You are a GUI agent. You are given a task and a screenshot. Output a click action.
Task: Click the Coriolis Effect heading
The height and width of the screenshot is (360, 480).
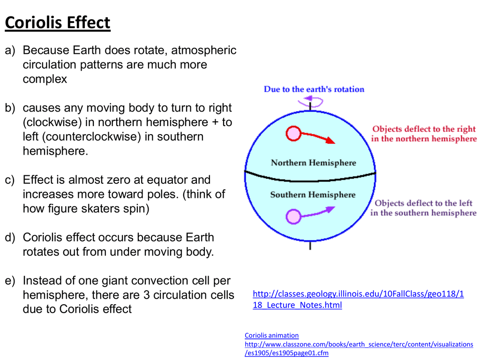tap(58, 22)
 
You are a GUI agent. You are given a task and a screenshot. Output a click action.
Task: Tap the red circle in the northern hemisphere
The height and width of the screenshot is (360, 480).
tap(293, 134)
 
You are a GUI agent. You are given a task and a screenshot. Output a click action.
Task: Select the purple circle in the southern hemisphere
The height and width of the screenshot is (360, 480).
tap(293, 217)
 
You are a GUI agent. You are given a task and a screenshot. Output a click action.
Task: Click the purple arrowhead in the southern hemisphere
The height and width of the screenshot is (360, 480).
tap(330, 210)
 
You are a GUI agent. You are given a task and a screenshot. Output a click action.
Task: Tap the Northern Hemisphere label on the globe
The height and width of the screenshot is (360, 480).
tap(314, 163)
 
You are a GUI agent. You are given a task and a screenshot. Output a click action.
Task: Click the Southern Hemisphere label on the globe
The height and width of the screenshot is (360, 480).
tap(313, 195)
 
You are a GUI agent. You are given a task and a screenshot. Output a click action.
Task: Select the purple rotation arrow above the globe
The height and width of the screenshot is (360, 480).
tap(310, 101)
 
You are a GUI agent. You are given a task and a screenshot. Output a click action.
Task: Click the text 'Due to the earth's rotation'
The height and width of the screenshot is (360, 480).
tap(314, 89)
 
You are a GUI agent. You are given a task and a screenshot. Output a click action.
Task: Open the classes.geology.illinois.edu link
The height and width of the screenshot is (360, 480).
tap(358, 300)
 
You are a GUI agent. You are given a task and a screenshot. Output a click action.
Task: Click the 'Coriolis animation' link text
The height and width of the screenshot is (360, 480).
tap(271, 336)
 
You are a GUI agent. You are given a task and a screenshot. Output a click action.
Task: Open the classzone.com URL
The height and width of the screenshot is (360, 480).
tap(359, 349)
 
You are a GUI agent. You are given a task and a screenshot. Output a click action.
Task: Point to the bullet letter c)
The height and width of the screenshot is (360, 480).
tap(10, 180)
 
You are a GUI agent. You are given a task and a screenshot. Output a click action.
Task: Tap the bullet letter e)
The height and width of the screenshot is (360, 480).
tap(10, 281)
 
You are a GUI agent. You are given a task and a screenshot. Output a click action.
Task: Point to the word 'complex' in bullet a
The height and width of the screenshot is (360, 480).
tap(45, 79)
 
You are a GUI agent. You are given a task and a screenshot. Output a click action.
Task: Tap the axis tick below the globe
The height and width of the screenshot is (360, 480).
tap(310, 246)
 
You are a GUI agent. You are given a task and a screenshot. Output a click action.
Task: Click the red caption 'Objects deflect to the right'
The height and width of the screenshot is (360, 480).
tap(424, 129)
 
